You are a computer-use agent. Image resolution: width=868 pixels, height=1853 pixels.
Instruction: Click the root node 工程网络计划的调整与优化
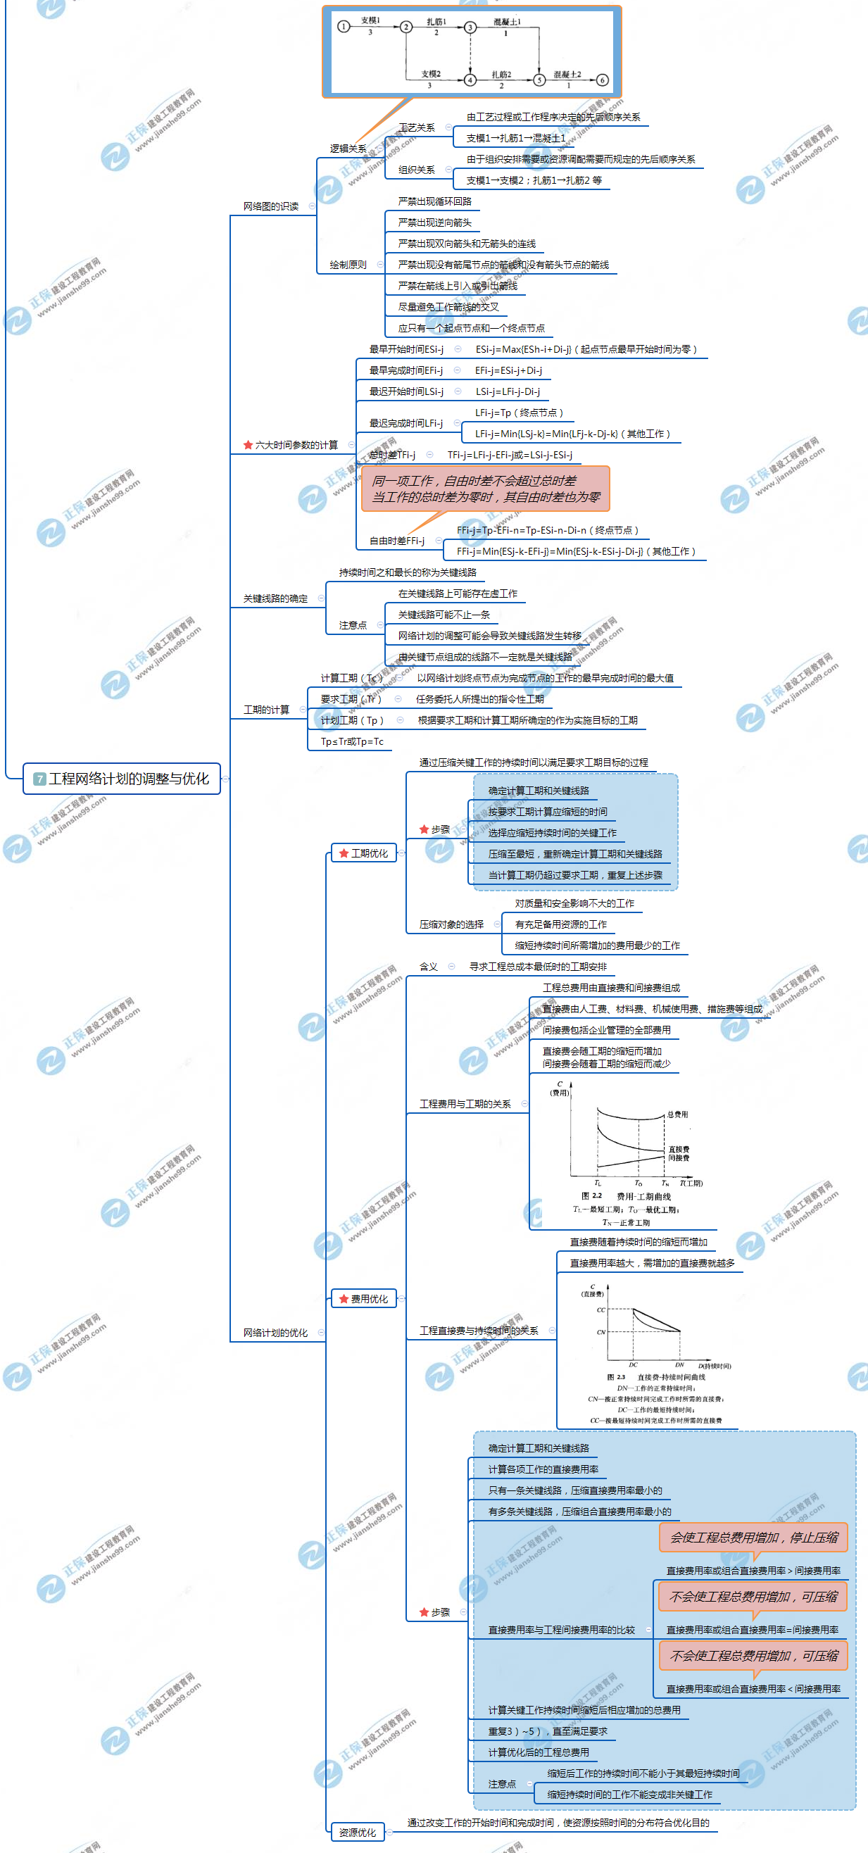(x=122, y=779)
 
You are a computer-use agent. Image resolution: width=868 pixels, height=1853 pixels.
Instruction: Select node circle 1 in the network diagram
(x=344, y=27)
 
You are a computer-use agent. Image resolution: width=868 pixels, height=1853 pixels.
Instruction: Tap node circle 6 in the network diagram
(x=603, y=80)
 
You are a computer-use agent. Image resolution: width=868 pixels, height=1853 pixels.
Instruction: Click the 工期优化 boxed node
(x=364, y=853)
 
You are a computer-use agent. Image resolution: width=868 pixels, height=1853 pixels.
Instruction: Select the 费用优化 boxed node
(x=364, y=1298)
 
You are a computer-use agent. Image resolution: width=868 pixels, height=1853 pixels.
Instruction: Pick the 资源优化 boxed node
(x=358, y=1832)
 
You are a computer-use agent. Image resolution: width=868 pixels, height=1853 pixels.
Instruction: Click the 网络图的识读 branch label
(x=270, y=206)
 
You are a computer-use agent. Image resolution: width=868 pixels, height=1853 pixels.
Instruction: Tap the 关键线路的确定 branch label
(x=275, y=598)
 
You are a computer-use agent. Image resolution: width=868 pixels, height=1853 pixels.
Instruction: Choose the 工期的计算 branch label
(x=266, y=710)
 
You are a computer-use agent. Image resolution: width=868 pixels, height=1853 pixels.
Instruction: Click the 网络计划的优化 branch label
(x=275, y=1333)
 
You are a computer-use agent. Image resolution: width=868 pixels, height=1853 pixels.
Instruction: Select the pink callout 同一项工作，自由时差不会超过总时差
(x=486, y=489)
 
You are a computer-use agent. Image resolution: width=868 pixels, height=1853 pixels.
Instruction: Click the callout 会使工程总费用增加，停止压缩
(x=754, y=1537)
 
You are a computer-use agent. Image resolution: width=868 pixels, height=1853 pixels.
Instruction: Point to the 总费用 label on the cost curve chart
(x=677, y=1114)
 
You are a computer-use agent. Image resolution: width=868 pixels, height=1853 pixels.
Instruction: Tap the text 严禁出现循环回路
(x=434, y=201)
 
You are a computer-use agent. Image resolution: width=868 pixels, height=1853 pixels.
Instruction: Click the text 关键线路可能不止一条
(x=444, y=615)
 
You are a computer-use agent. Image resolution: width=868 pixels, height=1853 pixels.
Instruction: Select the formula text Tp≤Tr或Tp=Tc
(x=352, y=741)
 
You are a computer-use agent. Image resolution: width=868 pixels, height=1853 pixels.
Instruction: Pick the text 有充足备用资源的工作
(x=560, y=924)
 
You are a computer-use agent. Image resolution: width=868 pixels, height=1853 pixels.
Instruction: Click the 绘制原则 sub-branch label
(x=347, y=265)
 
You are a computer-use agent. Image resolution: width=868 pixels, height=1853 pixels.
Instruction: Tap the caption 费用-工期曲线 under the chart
(x=643, y=1196)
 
